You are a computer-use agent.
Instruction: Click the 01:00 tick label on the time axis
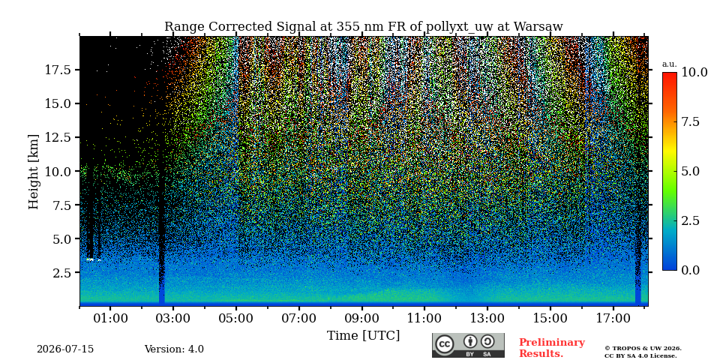pyautogui.click(x=110, y=318)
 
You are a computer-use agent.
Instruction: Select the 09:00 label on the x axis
pyautogui.click(x=361, y=318)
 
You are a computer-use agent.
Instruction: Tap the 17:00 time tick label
pyautogui.click(x=613, y=318)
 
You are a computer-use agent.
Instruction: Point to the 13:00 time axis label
pyautogui.click(x=487, y=318)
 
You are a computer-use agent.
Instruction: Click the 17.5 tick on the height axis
pyautogui.click(x=58, y=70)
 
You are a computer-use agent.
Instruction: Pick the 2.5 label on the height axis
pyautogui.click(x=61, y=273)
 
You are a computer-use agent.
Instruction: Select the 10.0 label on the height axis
pyautogui.click(x=58, y=171)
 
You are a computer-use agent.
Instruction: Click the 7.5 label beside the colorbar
pyautogui.click(x=690, y=121)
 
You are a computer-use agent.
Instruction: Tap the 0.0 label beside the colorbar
pyautogui.click(x=690, y=270)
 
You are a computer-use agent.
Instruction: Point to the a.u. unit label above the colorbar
pyautogui.click(x=670, y=64)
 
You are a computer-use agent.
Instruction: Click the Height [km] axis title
pyautogui.click(x=34, y=172)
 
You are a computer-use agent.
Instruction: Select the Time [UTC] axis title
pyautogui.click(x=363, y=336)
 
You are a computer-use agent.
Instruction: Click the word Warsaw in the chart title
pyautogui.click(x=538, y=27)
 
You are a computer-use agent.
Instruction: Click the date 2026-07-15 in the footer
pyautogui.click(x=65, y=349)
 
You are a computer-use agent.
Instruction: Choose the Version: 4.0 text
pyautogui.click(x=174, y=349)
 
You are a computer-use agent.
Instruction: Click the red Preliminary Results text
pyautogui.click(x=552, y=348)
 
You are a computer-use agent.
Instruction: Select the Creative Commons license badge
pyautogui.click(x=468, y=345)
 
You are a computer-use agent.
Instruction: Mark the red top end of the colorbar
pyautogui.click(x=670, y=73)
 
